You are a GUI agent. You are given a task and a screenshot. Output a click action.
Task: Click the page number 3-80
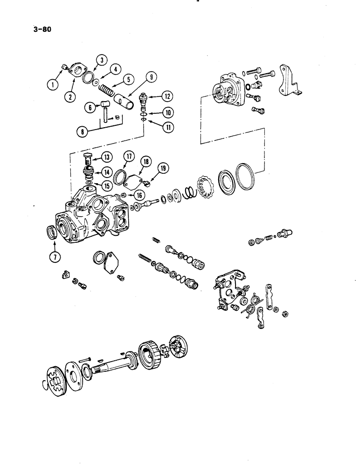click(x=42, y=29)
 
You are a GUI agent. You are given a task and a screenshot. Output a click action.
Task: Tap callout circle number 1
click(x=55, y=85)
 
